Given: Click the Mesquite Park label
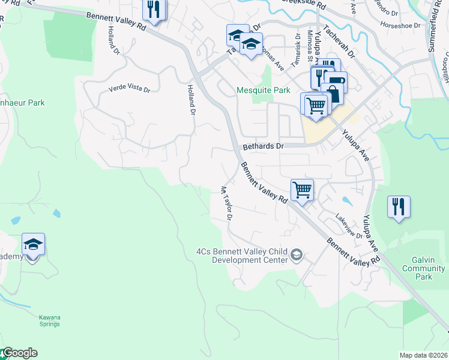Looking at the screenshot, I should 263,91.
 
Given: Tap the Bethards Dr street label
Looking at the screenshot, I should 262,146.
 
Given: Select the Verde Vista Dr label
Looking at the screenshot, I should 129,89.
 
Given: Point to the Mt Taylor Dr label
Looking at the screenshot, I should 226,203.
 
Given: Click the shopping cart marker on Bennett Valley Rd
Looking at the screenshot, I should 302,190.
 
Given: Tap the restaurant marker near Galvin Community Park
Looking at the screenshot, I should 399,207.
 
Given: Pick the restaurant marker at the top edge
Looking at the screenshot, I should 154,10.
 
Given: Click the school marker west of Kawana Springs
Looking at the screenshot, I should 33,245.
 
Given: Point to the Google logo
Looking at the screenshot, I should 19,353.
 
